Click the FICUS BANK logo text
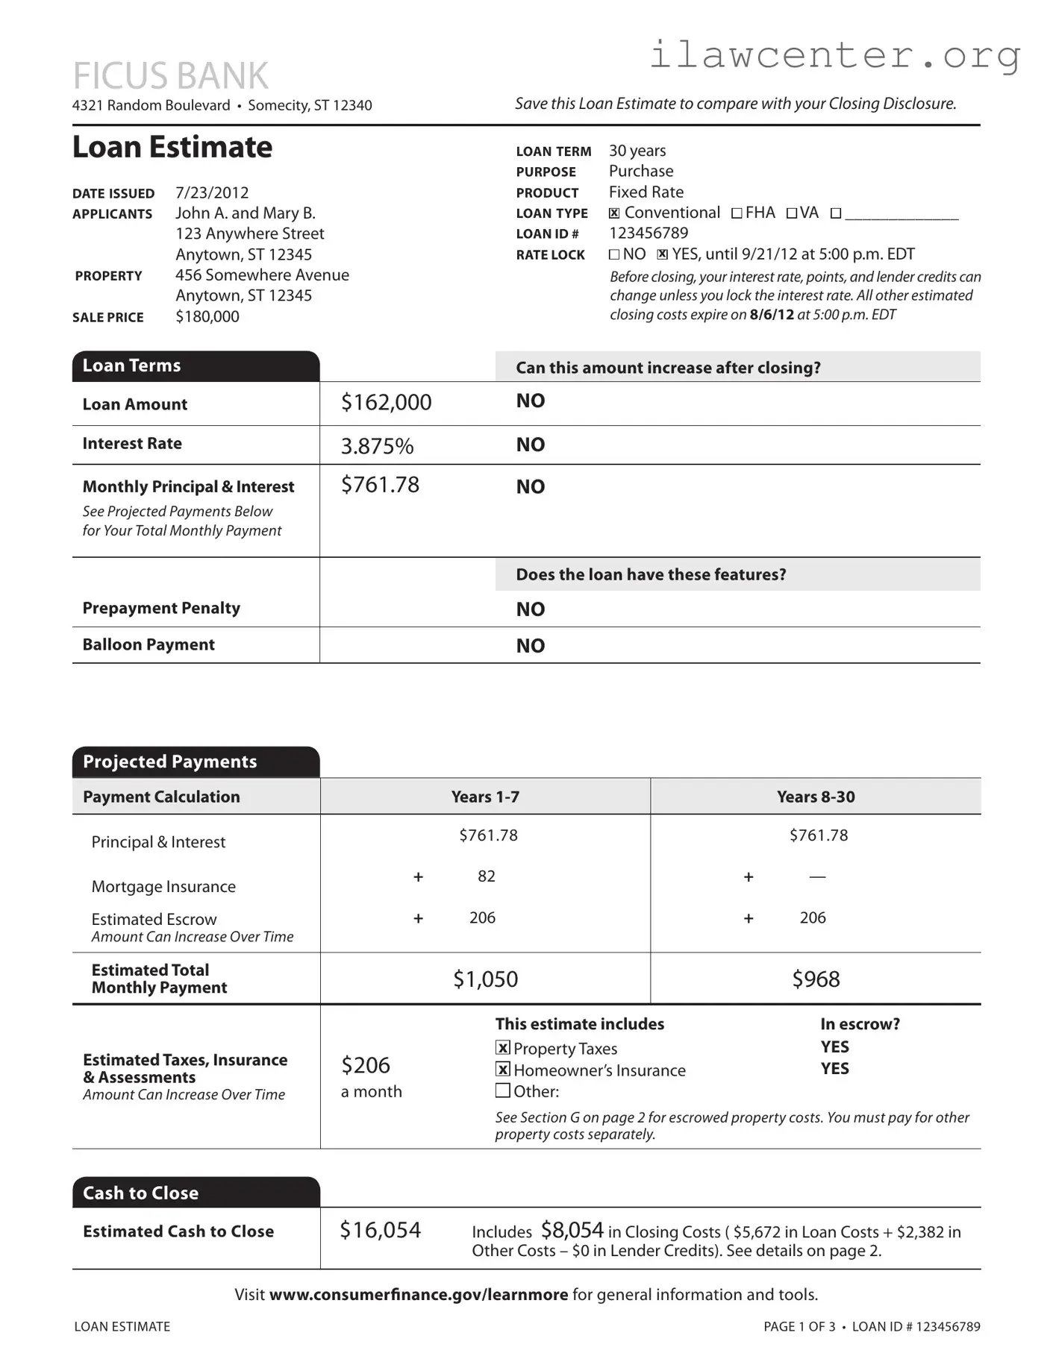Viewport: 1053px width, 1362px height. point(170,76)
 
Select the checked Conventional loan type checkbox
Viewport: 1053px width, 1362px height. point(614,213)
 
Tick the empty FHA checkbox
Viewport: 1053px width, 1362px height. point(737,213)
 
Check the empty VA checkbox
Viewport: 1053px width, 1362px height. point(792,213)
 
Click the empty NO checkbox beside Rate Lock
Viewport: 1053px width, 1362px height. point(614,254)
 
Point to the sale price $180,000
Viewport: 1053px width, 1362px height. point(207,316)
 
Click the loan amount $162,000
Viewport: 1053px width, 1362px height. point(386,403)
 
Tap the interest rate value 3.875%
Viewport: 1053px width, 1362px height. point(377,446)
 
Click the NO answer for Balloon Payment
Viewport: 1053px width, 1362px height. point(530,646)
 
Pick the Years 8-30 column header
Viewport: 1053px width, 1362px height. point(815,797)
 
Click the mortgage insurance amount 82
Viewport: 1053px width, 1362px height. point(487,876)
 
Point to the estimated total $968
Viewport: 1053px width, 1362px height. point(815,979)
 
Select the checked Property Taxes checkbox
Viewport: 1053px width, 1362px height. point(503,1048)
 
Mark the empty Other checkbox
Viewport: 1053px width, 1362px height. point(503,1091)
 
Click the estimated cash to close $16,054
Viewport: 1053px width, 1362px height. point(380,1230)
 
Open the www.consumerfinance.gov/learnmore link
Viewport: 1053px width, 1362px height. point(418,1295)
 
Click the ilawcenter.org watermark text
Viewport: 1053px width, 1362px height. point(834,55)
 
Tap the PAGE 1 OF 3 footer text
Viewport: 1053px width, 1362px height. point(799,1326)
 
